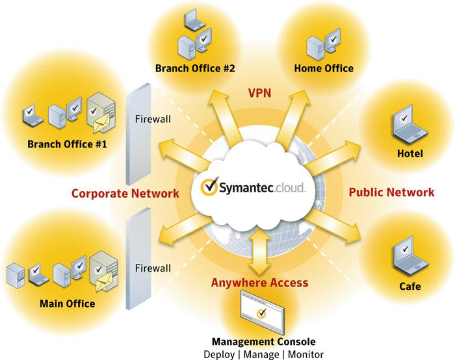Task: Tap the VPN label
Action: point(259,93)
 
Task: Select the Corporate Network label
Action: point(125,193)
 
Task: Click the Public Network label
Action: point(391,192)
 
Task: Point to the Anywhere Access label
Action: point(259,283)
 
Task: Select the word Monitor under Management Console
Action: point(304,354)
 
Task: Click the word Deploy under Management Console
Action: point(220,354)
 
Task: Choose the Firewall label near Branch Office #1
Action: point(152,119)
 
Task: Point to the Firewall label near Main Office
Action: point(152,267)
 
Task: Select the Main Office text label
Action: point(67,303)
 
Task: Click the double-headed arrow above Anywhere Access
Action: point(259,250)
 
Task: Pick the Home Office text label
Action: point(324,68)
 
